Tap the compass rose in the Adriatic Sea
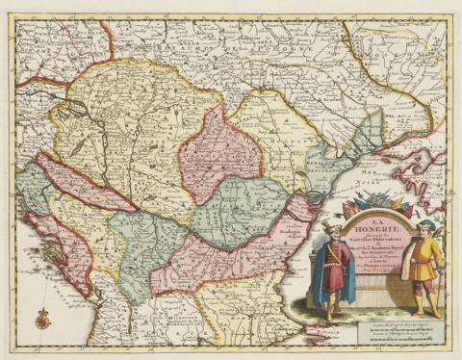click(x=40, y=313)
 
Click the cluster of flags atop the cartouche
click(x=385, y=203)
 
